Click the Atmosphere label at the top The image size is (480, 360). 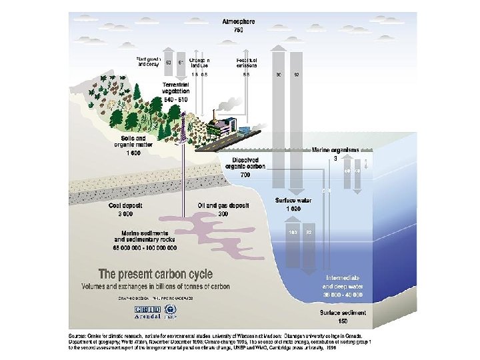tap(237, 22)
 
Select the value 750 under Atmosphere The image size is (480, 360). tap(238, 31)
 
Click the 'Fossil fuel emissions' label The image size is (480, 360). tap(247, 62)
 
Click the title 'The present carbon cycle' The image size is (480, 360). tap(155, 274)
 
